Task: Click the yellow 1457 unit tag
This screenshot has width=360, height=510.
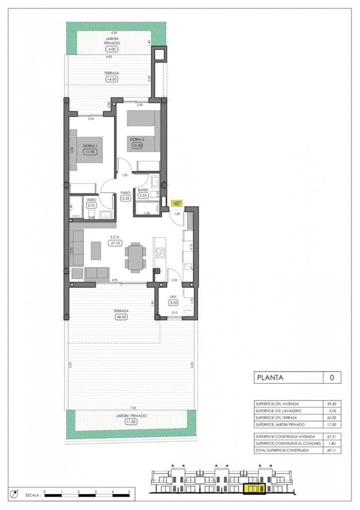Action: click(x=177, y=204)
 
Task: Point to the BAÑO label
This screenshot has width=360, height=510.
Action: click(x=142, y=190)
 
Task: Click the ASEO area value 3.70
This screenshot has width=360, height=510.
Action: click(x=91, y=205)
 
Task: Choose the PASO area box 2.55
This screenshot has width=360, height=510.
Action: click(x=125, y=198)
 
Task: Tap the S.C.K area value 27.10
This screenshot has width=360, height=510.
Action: click(x=113, y=244)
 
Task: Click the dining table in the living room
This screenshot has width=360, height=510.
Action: click(x=135, y=257)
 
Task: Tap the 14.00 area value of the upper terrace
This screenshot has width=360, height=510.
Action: click(x=111, y=79)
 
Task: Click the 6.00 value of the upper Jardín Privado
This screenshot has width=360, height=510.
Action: click(x=113, y=49)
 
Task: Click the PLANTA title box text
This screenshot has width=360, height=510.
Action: click(x=269, y=377)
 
